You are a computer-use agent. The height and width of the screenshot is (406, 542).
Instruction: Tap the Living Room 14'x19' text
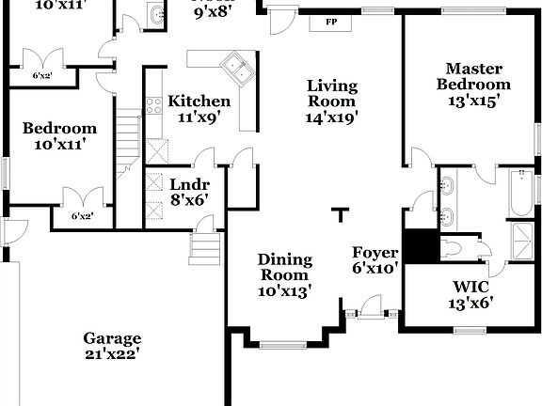pos(332,101)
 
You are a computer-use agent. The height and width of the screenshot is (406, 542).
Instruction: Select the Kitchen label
pos(199,110)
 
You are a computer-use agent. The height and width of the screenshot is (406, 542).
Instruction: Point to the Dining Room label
pos(284,274)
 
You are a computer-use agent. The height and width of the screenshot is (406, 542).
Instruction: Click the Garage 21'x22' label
pos(112,346)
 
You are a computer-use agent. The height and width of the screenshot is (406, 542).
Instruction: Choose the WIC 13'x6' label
pos(467,293)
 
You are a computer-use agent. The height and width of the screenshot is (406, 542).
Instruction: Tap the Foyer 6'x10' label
pos(376,259)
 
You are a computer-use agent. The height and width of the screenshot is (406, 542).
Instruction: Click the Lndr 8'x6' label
pos(188,192)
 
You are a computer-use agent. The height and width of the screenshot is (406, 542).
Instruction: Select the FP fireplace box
pos(331,20)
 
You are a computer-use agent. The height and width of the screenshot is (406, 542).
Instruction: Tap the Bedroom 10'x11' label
pos(60,136)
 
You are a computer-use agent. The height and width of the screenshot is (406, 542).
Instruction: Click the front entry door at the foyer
pos(373,305)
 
